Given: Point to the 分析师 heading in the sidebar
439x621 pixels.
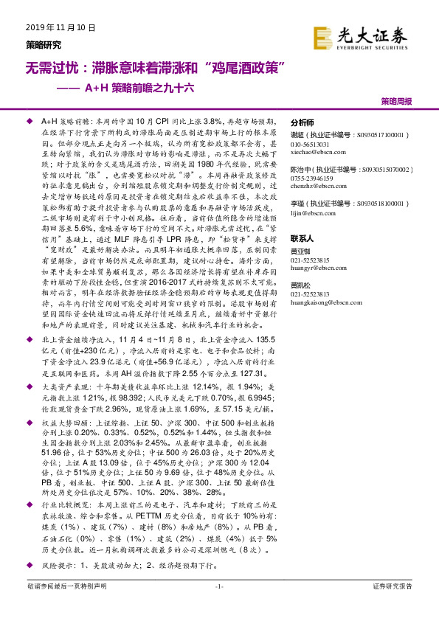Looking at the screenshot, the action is click(303, 122).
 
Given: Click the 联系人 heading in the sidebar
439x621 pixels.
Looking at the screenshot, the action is click(303, 239).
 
